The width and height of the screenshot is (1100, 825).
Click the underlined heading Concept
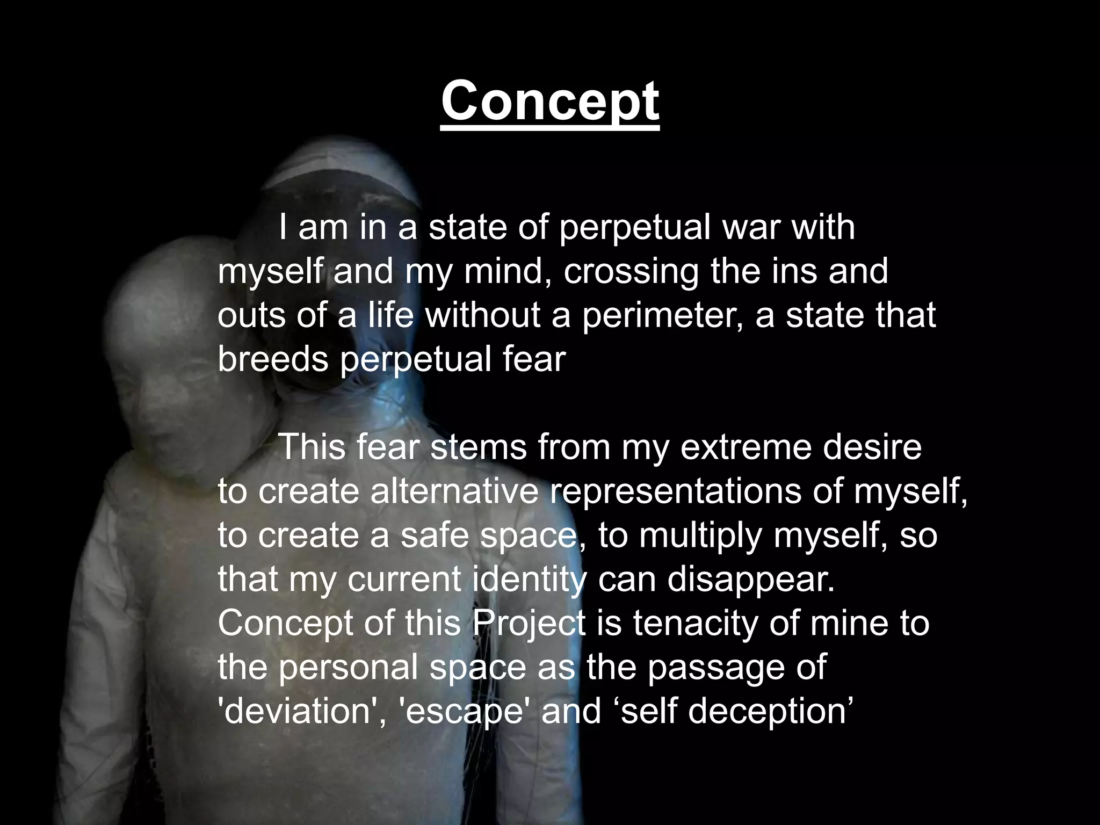point(550,101)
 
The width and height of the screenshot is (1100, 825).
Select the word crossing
point(631,272)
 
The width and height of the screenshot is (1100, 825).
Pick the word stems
point(479,447)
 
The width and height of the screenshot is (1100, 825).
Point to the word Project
point(529,624)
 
